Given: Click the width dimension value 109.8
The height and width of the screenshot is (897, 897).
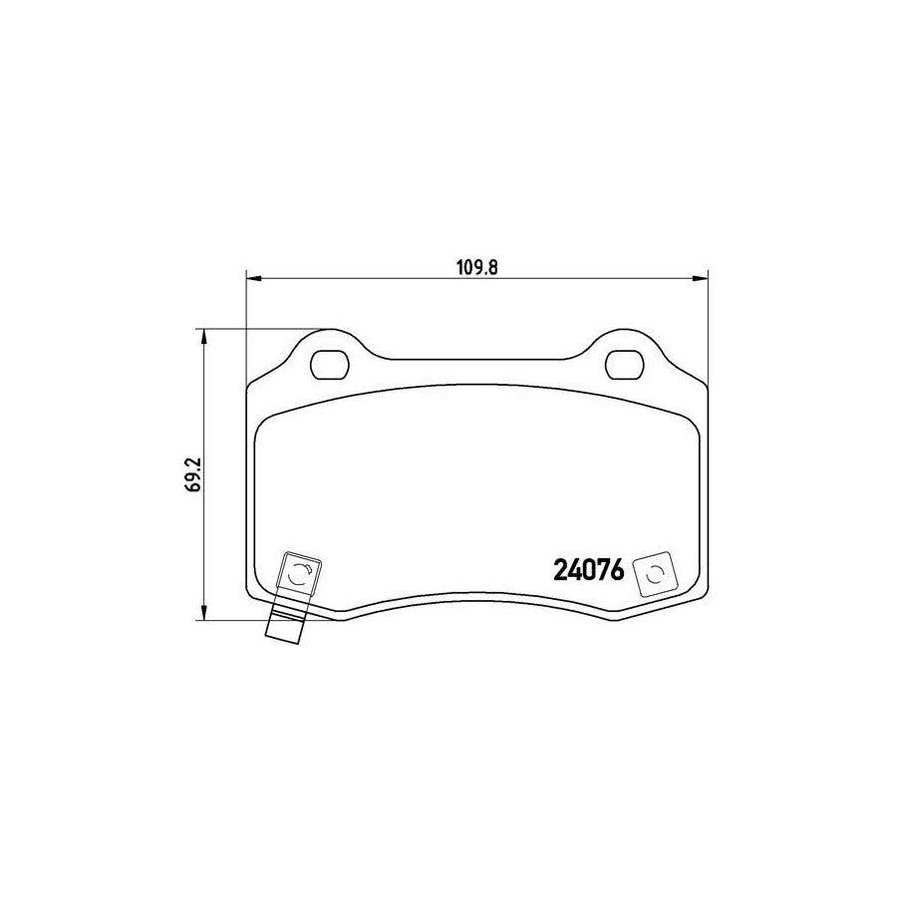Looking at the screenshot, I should [476, 266].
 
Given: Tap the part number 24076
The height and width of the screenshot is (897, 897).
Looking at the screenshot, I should [588, 571].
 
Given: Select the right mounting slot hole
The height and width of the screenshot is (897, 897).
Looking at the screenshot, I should [625, 365].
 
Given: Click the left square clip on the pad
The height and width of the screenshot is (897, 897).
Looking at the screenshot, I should [299, 575].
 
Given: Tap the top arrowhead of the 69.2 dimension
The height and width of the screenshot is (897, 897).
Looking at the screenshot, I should [204, 336].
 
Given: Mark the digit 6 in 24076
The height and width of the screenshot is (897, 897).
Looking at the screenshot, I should [616, 571].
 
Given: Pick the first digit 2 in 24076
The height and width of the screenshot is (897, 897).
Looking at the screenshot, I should [559, 571].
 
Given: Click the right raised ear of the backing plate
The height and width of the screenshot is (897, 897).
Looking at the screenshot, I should [625, 344].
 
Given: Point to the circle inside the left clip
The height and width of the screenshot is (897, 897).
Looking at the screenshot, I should [299, 575].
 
